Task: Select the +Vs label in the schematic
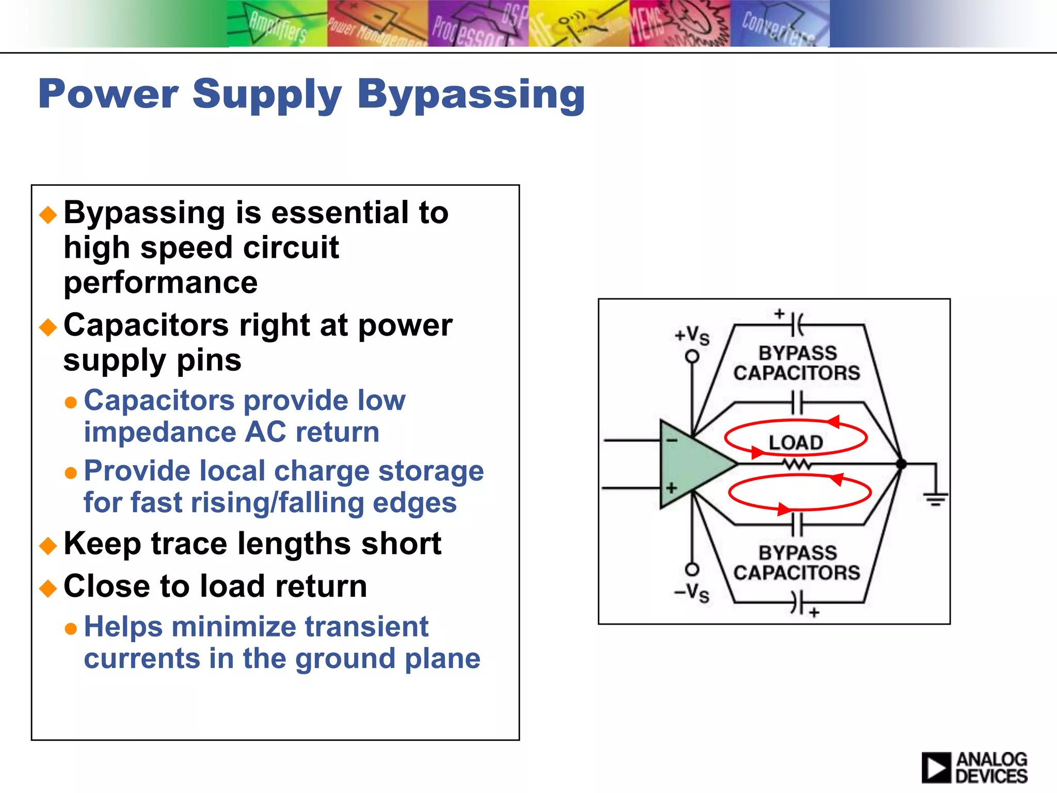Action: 692,336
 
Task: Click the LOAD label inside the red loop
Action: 795,442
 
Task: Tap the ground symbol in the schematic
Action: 935,499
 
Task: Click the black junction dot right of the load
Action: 901,464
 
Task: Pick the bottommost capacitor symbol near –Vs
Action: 797,602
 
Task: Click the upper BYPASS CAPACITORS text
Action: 797,363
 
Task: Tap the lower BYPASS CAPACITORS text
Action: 797,563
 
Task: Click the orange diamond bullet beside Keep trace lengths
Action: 48,545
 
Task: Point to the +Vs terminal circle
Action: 692,356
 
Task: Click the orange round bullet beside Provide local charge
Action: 71,473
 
